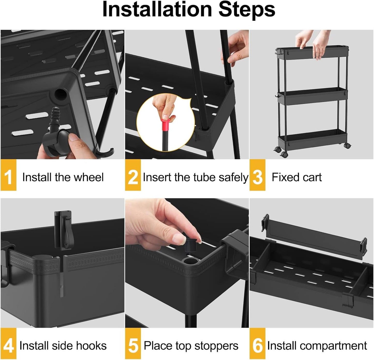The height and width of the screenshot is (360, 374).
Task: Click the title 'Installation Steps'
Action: tap(188, 10)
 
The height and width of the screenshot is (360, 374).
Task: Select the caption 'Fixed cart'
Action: tap(297, 177)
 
